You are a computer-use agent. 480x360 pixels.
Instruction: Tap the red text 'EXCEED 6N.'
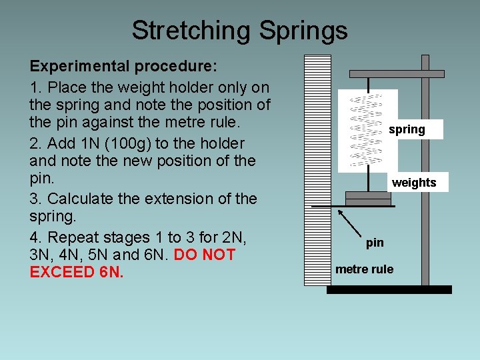[x=77, y=272]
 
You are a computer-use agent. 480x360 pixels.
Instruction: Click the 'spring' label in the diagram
[x=407, y=129]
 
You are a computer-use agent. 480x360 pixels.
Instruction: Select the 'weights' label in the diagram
[x=414, y=183]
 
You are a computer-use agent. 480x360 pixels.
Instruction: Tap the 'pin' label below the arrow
[x=375, y=243]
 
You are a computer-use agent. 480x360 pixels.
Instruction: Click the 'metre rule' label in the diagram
[x=364, y=269]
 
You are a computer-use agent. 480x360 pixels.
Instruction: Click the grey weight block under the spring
[x=367, y=199]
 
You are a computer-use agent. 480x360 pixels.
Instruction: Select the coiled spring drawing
[x=367, y=130]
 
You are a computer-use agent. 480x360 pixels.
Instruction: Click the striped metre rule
[x=317, y=170]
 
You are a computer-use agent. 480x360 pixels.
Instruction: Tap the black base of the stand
[x=389, y=289]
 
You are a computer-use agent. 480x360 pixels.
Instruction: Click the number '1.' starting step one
[x=37, y=87]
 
